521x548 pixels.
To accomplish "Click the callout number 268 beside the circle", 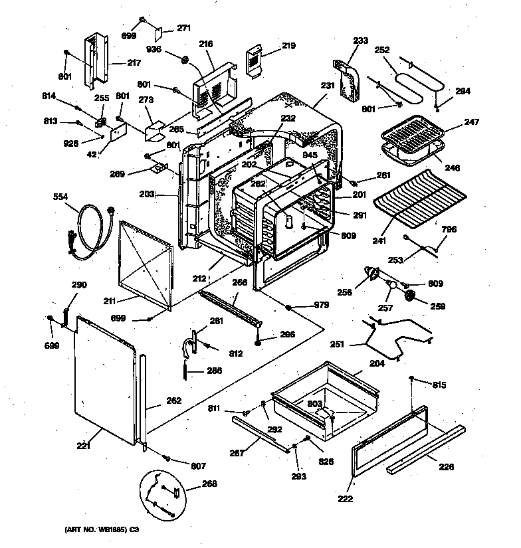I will [209, 484].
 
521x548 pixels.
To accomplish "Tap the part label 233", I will [360, 41].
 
